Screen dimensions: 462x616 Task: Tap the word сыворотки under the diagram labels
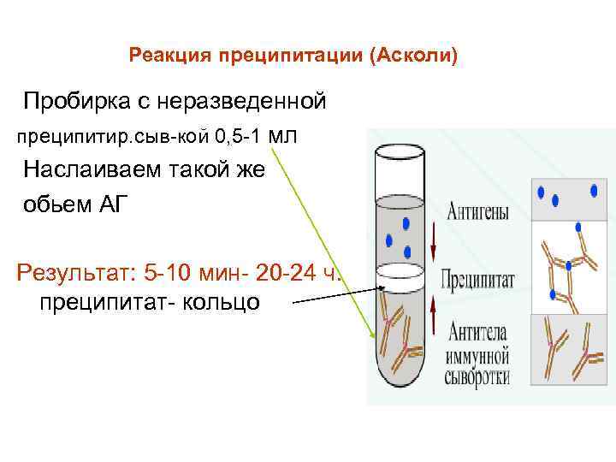(476, 376)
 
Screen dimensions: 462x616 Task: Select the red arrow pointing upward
(434, 315)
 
